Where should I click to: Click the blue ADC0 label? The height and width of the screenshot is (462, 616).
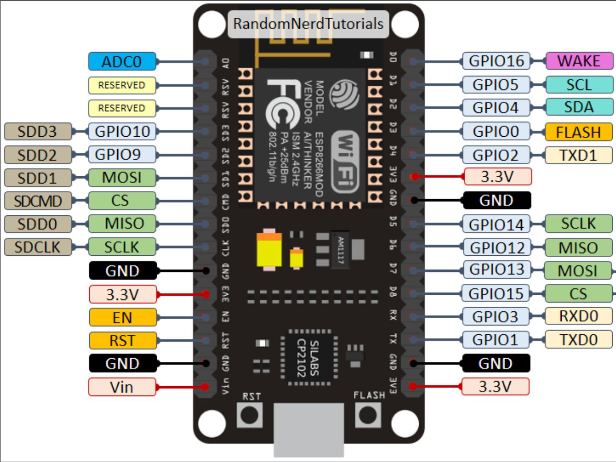(x=122, y=62)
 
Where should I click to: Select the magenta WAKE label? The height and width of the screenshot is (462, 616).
(x=579, y=61)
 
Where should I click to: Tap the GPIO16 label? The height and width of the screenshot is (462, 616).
(x=496, y=61)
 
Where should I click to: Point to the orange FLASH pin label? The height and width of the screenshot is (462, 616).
(x=578, y=132)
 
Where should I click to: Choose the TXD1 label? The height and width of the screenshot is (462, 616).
(x=578, y=155)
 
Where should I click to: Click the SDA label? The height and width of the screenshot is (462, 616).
(x=579, y=107)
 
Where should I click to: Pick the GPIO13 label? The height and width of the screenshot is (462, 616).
(x=496, y=269)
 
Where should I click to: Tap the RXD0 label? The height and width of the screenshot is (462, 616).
(x=578, y=316)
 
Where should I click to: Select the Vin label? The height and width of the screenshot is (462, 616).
(x=122, y=387)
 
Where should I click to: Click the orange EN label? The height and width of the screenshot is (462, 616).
(x=122, y=317)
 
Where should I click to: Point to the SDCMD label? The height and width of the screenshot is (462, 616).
(x=38, y=201)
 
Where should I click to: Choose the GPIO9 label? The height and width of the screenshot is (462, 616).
(x=122, y=154)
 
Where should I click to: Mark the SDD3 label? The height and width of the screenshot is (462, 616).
(x=38, y=131)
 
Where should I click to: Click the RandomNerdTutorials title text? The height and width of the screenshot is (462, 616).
(x=308, y=24)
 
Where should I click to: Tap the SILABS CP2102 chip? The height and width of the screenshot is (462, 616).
(x=308, y=358)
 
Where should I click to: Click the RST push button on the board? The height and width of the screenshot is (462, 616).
(x=250, y=415)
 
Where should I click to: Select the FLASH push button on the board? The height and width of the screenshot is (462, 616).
(x=367, y=415)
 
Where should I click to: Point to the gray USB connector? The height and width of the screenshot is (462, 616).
(x=308, y=430)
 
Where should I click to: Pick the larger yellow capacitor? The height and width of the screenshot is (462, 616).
(x=269, y=250)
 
